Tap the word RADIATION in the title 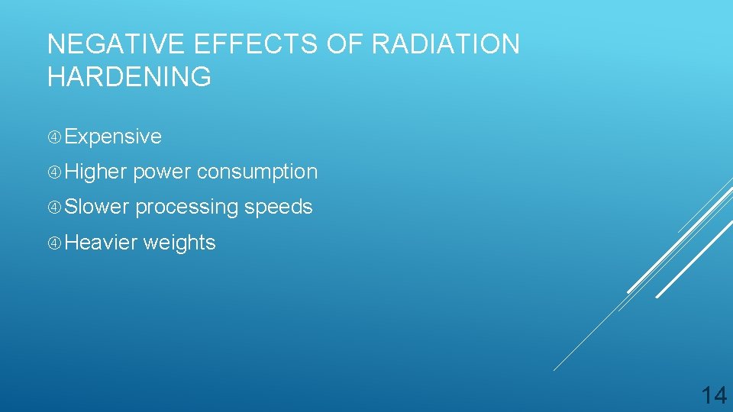pos(445,44)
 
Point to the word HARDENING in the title pos(129,77)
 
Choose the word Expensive pos(113,137)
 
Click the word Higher pos(95,172)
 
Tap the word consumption pos(257,172)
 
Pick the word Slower pos(97,208)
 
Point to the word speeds pos(278,208)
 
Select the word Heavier pos(101,243)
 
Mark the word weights pos(179,243)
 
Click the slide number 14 pos(714,395)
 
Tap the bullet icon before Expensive pos(54,137)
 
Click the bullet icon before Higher pos(54,172)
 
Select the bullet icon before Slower pos(54,208)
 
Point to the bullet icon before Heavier pos(54,243)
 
